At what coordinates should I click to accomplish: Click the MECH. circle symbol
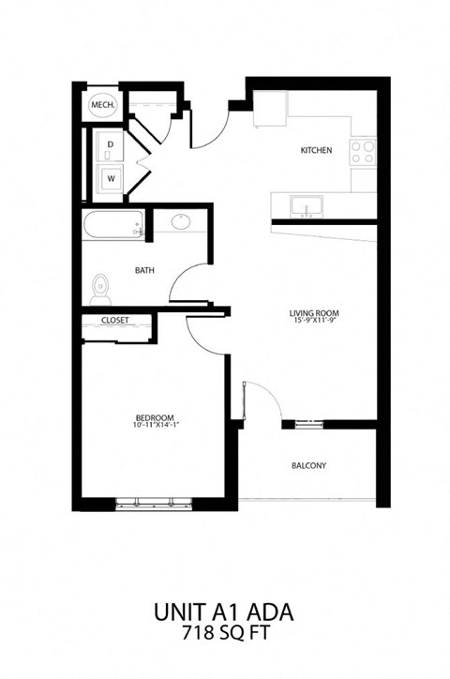pyautogui.click(x=102, y=108)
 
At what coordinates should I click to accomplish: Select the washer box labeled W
pyautogui.click(x=111, y=177)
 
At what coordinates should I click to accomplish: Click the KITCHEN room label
pyautogui.click(x=316, y=150)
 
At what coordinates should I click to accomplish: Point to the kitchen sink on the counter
pyautogui.click(x=305, y=205)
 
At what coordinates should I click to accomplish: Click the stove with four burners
pyautogui.click(x=364, y=153)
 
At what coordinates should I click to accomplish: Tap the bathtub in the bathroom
pyautogui.click(x=112, y=225)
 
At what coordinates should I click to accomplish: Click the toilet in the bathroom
pyautogui.click(x=100, y=289)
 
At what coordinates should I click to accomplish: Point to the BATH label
pyautogui.click(x=144, y=271)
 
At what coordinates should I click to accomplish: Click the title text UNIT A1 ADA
pyautogui.click(x=225, y=612)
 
